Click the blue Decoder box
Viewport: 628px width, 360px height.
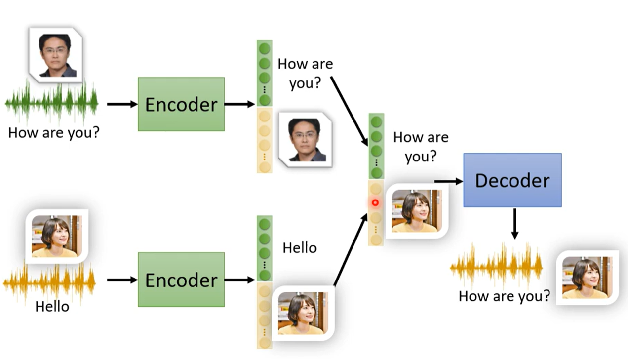tap(512, 180)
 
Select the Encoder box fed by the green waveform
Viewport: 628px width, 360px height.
tap(181, 104)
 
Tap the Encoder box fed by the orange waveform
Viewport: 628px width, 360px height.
tap(181, 280)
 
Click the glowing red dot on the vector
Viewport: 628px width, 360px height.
tap(375, 202)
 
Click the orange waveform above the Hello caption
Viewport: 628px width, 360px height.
tap(49, 282)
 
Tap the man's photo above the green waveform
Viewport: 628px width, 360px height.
tap(55, 55)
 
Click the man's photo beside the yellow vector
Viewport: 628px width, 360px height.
tap(305, 139)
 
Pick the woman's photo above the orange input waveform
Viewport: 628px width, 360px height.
tap(56, 236)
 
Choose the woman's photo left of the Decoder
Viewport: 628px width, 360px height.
tap(416, 211)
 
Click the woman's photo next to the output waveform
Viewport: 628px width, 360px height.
tap(587, 277)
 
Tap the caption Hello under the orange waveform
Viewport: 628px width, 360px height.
tap(52, 307)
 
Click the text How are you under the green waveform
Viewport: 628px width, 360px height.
tap(53, 132)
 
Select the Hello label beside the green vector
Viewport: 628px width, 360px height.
tap(299, 248)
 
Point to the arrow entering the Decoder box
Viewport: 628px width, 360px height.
tap(448, 181)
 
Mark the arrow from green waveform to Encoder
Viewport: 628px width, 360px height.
tap(122, 104)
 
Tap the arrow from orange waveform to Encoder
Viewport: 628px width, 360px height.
tap(122, 280)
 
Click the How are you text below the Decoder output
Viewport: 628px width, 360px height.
tap(504, 296)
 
